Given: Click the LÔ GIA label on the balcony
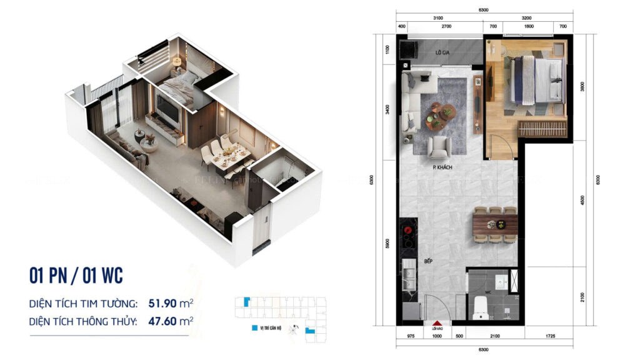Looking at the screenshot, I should point(442,53).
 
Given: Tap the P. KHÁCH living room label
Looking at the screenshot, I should point(442,167).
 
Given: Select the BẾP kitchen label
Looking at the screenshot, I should point(411,261).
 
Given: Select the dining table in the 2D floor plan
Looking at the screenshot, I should point(495,224).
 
